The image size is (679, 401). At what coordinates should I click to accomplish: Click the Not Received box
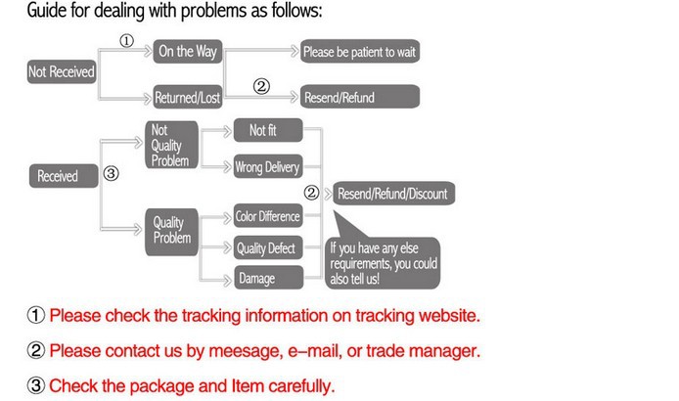pyautogui.click(x=62, y=71)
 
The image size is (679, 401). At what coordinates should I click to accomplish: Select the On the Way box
pyautogui.click(x=189, y=51)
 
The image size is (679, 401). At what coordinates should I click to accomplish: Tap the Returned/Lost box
pyautogui.click(x=189, y=98)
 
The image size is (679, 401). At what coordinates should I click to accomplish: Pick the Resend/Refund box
pyautogui.click(x=360, y=98)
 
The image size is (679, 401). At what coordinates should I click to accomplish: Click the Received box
pyautogui.click(x=58, y=176)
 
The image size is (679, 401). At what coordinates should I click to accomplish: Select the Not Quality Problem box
pyautogui.click(x=170, y=145)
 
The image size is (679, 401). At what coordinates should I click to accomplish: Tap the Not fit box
pyautogui.click(x=265, y=130)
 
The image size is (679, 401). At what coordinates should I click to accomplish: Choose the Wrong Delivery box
pyautogui.click(x=266, y=166)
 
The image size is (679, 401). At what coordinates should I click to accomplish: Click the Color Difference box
pyautogui.click(x=266, y=216)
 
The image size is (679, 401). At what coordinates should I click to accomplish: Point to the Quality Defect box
pyautogui.click(x=266, y=248)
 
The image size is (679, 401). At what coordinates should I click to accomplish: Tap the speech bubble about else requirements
pyautogui.click(x=384, y=261)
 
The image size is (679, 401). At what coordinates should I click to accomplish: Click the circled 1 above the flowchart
pyautogui.click(x=126, y=41)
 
